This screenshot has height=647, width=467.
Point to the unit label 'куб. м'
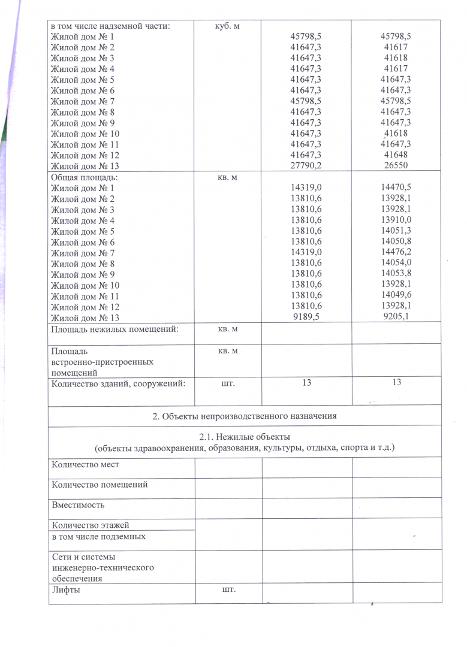point(227,26)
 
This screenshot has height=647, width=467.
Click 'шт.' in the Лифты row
point(228,590)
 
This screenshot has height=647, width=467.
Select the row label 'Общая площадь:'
point(85,177)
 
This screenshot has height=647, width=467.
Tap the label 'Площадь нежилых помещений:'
point(115,329)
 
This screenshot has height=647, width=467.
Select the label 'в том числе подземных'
point(99,536)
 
